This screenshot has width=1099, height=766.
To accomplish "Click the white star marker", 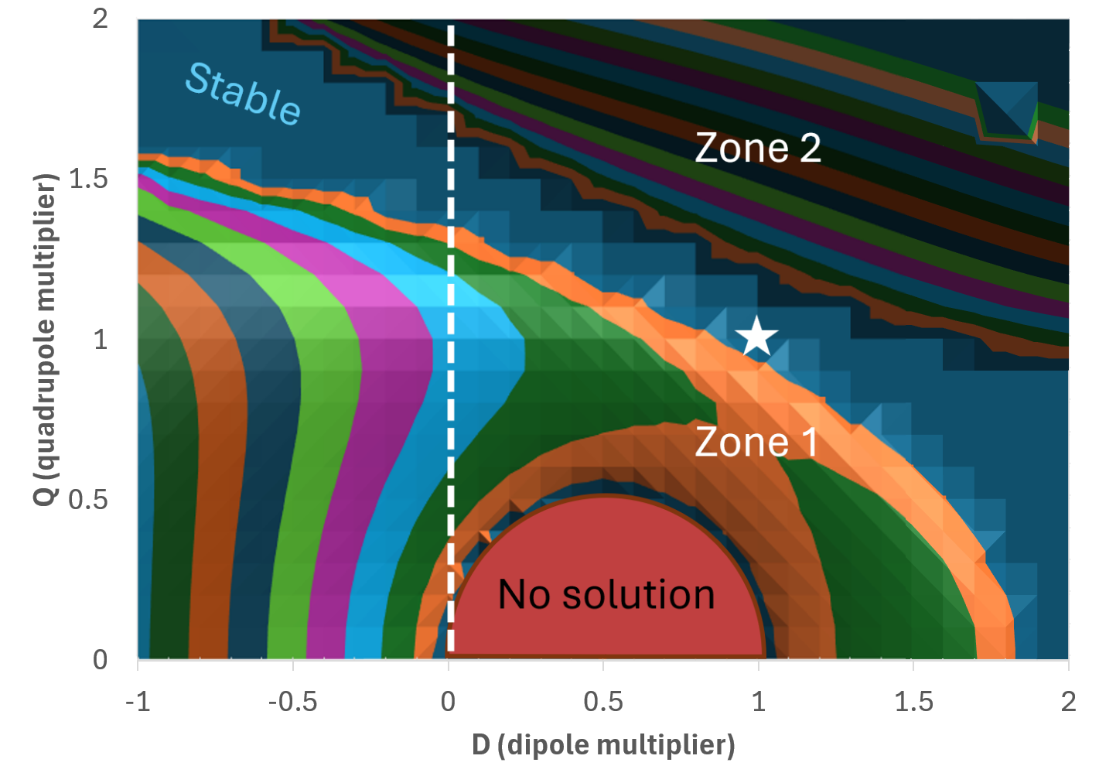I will coord(756,337).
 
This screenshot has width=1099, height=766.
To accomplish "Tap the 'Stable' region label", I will coord(243,94).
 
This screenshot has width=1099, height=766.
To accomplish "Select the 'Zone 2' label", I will coord(757,147).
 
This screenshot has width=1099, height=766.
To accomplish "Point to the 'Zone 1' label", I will coord(756,442).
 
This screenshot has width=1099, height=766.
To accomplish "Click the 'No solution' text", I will coord(606,594).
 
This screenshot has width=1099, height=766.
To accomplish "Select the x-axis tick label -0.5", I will coord(292,702).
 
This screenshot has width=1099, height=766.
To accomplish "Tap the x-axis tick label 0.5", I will coord(603,702).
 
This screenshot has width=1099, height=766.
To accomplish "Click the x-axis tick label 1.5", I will coord(913,702).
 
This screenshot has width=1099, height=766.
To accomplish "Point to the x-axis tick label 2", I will coord(1068,702).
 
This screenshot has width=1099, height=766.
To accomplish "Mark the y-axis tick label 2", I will coord(101,19).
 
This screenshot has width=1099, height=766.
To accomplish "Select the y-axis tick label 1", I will coord(101,339).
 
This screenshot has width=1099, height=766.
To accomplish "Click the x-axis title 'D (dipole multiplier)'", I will coord(603,744).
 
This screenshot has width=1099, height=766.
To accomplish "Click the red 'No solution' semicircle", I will coord(606,542).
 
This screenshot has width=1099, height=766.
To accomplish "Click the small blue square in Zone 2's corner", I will coord(1005,111).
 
